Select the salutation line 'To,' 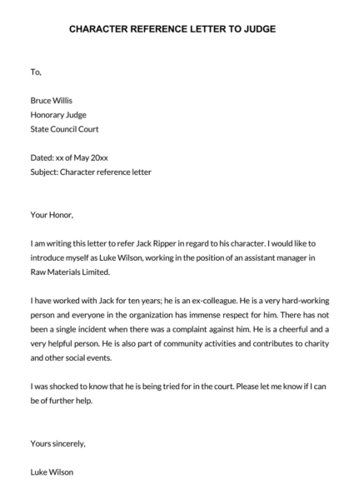[35, 72]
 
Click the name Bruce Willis [51, 101]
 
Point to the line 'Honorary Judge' [57, 115]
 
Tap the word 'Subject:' [46, 172]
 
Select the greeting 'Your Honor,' [52, 215]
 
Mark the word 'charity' [320, 344]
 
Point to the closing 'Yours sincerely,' [58, 443]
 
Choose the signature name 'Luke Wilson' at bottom [52, 472]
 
